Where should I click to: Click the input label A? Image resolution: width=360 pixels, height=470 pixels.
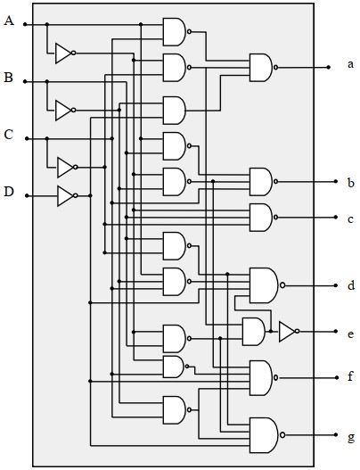pyautogui.click(x=9, y=21)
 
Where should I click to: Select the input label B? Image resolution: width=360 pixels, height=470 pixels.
pyautogui.click(x=8, y=78)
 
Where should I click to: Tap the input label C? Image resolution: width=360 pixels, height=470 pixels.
pyautogui.click(x=9, y=135)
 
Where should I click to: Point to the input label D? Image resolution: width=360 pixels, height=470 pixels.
pyautogui.click(x=9, y=191)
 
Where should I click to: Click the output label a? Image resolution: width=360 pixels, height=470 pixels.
pyautogui.click(x=350, y=64)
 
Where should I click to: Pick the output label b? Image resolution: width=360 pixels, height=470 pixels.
pyautogui.click(x=351, y=183)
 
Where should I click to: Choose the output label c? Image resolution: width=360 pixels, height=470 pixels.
pyautogui.click(x=350, y=219)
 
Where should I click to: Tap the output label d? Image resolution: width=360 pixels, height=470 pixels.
pyautogui.click(x=351, y=285)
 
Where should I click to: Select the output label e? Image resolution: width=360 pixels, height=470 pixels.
pyautogui.click(x=351, y=334)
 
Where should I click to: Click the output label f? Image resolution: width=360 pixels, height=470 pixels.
pyautogui.click(x=350, y=376)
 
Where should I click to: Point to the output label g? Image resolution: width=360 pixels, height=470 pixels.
pyautogui.click(x=351, y=438)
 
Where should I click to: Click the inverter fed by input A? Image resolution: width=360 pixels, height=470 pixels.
pyautogui.click(x=65, y=53)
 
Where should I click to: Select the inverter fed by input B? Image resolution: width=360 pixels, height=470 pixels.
pyautogui.click(x=65, y=111)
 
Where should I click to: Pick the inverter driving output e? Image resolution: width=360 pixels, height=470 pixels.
pyautogui.click(x=289, y=331)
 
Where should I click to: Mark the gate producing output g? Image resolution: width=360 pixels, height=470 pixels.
pyautogui.click(x=266, y=435)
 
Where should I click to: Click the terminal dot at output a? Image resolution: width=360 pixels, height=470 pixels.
pyautogui.click(x=328, y=68)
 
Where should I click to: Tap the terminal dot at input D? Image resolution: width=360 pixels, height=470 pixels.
pyautogui.click(x=27, y=195)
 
